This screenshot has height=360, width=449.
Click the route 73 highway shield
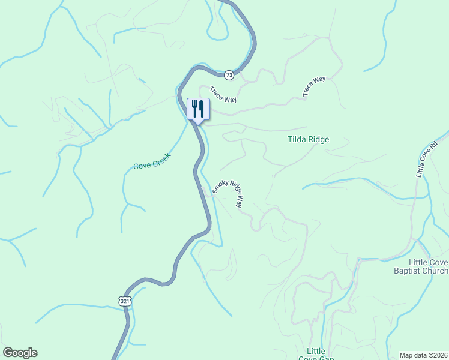[x=229, y=75]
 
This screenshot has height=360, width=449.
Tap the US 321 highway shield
[x=124, y=301]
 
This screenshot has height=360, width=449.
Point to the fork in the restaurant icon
[x=194, y=109]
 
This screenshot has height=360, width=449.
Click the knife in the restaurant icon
[x=202, y=109]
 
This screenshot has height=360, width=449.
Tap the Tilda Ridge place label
[x=309, y=140]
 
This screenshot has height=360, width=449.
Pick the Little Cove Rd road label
[x=427, y=159]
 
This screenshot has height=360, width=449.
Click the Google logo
[x=20, y=353]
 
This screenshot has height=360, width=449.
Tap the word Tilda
[x=297, y=140]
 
